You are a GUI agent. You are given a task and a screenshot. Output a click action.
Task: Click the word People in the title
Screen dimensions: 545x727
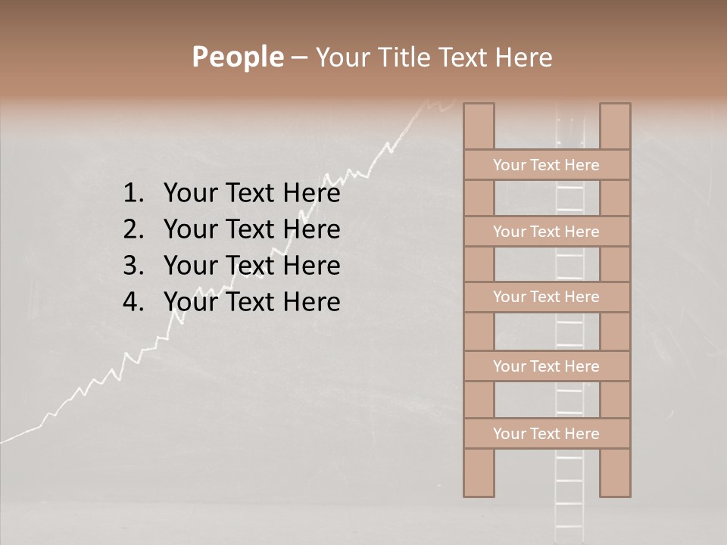tap(237, 57)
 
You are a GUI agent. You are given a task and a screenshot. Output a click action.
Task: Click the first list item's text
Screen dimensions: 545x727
tap(251, 194)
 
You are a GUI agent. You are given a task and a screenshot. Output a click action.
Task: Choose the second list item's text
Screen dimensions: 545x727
tap(251, 229)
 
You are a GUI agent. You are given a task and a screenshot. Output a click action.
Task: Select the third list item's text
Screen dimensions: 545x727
tap(251, 266)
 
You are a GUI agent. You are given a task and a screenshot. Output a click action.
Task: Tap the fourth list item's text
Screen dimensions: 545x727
tap(251, 302)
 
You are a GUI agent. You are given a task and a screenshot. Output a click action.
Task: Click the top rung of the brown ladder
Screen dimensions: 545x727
tap(546, 165)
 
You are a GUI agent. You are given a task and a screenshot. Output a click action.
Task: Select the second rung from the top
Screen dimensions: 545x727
tap(546, 232)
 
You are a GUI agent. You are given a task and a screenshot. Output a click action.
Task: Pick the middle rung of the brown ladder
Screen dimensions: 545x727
tap(546, 297)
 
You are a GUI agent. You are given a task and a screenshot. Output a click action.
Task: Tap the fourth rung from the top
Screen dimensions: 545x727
tap(546, 366)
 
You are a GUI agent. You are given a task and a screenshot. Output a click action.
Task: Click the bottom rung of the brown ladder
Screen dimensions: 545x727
tap(546, 434)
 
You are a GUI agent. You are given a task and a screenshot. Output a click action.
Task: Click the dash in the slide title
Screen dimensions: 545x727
tap(298, 58)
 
